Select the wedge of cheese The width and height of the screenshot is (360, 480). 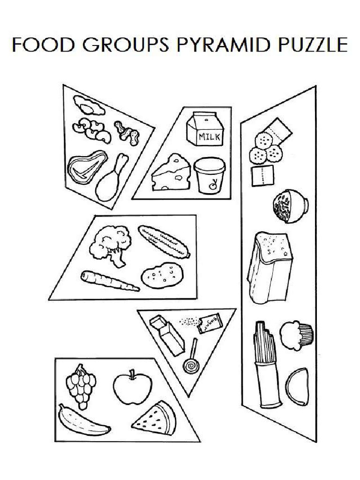coord(171,174)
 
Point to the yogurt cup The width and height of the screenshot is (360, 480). coord(209,175)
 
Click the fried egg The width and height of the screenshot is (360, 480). coord(88,105)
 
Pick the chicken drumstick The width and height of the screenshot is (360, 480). coord(111,178)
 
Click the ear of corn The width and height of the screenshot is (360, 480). coord(164,241)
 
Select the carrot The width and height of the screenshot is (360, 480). coord(109,281)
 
